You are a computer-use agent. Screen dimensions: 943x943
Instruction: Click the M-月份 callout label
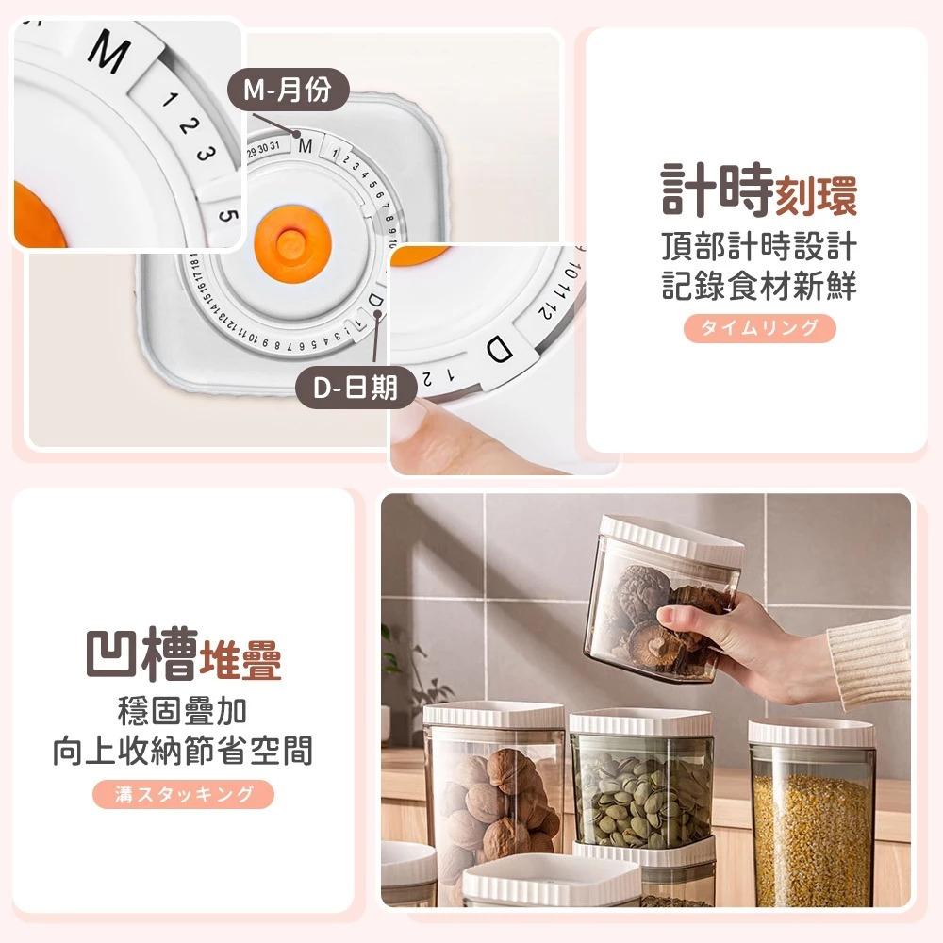[289, 91]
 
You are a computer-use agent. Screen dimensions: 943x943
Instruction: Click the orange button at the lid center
[291, 242]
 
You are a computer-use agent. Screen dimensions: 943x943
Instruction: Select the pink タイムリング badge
[759, 327]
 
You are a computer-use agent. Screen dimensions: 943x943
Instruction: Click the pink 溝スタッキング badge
[183, 794]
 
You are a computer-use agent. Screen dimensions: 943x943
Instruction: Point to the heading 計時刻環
[759, 190]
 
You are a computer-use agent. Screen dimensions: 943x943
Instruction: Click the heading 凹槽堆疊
[183, 656]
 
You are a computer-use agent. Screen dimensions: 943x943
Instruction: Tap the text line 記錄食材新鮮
[759, 286]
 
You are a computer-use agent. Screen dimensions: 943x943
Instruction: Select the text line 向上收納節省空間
[183, 752]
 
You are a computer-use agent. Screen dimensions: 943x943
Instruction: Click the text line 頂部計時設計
[759, 247]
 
